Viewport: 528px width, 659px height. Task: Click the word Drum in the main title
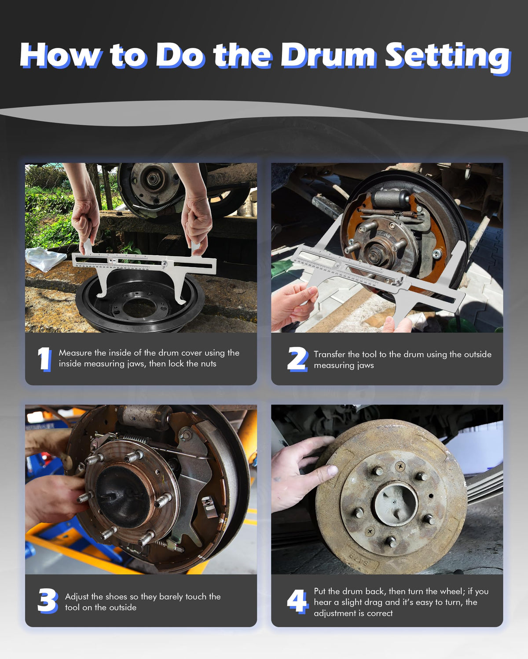[x=328, y=55]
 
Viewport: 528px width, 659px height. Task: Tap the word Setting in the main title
[x=448, y=58]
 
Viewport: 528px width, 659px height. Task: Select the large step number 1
[x=44, y=359]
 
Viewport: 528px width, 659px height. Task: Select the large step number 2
[x=297, y=359]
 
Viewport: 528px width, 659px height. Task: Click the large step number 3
[x=48, y=601]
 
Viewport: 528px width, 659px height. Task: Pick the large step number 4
[x=297, y=601]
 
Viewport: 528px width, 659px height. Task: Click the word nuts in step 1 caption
[x=209, y=364]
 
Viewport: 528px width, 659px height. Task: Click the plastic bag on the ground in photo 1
[x=45, y=259]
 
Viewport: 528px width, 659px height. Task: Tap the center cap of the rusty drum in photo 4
[x=396, y=503]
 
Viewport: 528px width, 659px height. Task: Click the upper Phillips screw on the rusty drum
[x=400, y=467]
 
